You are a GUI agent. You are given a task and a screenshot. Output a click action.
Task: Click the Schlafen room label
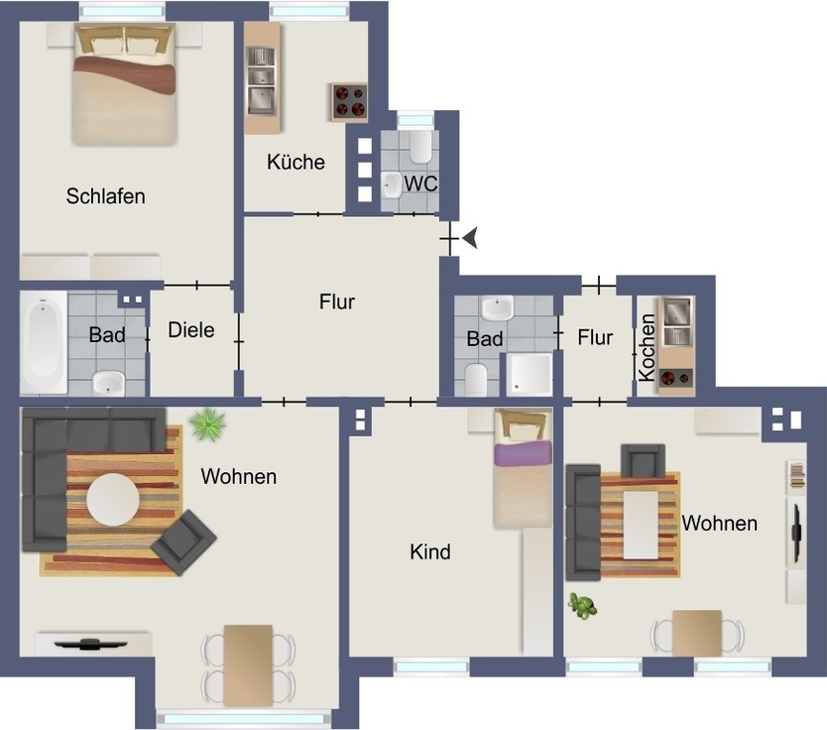click(105, 196)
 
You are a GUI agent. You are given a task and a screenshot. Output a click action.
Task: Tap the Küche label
click(295, 162)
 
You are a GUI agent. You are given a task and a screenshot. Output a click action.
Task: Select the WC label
click(420, 183)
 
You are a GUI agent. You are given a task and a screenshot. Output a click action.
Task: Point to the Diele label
click(191, 330)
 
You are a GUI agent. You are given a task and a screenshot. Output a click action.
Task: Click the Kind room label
click(430, 551)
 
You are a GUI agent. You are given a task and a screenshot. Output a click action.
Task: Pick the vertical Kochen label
click(647, 347)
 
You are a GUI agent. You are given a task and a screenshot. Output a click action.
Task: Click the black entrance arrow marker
click(470, 238)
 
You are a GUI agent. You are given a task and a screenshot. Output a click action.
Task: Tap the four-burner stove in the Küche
click(349, 101)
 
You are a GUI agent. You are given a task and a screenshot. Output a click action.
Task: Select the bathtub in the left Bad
click(44, 342)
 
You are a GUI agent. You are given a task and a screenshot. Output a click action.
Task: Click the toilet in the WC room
click(420, 146)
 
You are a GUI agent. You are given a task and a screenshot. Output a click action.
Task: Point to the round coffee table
click(113, 500)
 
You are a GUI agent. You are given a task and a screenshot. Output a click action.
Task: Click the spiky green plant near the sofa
click(207, 424)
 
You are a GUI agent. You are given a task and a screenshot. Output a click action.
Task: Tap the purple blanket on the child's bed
click(524, 454)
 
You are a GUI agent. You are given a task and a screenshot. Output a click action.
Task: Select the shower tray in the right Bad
click(530, 375)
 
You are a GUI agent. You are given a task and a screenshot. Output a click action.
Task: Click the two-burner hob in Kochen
click(675, 378)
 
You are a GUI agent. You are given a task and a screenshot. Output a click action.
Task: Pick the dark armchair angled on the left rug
click(183, 542)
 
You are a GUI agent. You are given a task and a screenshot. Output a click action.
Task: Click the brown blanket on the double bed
click(125, 75)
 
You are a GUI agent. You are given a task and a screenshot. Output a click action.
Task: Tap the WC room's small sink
click(391, 185)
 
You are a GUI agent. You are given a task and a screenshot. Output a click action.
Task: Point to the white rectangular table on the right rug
click(641, 525)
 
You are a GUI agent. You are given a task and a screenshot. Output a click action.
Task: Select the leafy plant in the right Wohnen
click(582, 606)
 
